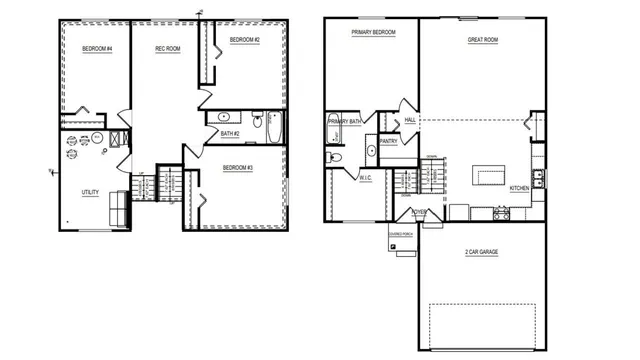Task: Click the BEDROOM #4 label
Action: (x=97, y=49)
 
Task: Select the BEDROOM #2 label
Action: (x=244, y=40)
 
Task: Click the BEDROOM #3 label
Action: (x=237, y=168)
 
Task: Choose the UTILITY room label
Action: (x=90, y=191)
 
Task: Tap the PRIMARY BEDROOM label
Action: (x=373, y=33)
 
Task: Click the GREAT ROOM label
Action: (x=483, y=40)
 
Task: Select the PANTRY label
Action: (x=389, y=141)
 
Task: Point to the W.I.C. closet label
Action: (x=365, y=178)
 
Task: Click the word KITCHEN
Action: (x=520, y=188)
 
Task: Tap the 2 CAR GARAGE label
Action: (x=482, y=252)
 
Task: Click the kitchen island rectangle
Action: (x=490, y=177)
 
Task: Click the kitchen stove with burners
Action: (x=501, y=213)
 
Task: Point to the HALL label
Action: (x=410, y=120)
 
